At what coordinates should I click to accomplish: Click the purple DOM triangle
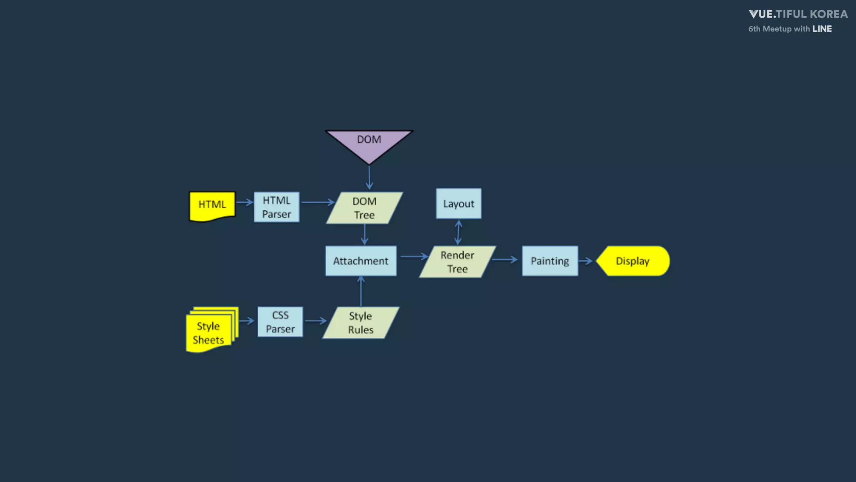pos(369,144)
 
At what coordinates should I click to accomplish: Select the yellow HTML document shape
pos(212,205)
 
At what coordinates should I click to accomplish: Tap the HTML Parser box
pos(277,207)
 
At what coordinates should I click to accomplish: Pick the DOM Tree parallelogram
pos(364,208)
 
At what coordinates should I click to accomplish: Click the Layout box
pos(459,204)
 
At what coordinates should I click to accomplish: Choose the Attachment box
pos(361,261)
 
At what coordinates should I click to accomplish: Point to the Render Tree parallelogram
pos(457,262)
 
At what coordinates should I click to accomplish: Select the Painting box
pos(550,261)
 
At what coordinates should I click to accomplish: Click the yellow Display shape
pos(633,261)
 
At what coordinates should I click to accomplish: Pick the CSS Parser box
pos(280,322)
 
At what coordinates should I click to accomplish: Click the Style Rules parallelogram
pos(361,323)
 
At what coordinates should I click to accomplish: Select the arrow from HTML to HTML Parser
pos(245,203)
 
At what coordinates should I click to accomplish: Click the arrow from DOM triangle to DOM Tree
pos(369,178)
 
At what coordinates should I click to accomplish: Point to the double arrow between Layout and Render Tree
pos(458,233)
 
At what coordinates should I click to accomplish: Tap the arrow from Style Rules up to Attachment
pos(361,292)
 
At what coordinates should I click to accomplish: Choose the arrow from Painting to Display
pos(586,261)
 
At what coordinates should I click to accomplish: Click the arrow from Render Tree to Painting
pos(505,260)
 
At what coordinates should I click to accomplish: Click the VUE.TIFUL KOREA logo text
pos(798,14)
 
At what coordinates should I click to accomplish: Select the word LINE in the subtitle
pos(822,29)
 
